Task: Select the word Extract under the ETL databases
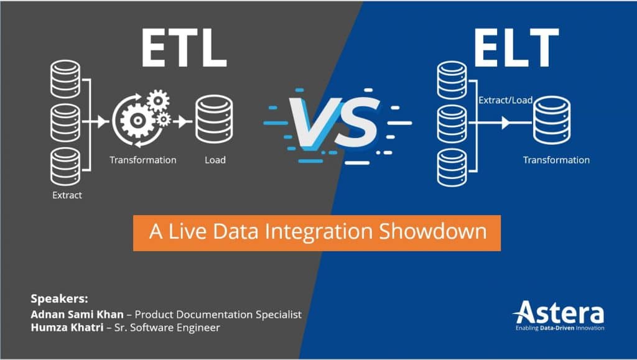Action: [x=67, y=195]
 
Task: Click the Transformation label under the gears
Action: [x=143, y=160]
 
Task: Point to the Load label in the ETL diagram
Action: [x=215, y=160]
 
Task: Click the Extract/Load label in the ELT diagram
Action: [x=505, y=100]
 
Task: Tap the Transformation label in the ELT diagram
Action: [x=556, y=160]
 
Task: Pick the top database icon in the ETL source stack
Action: [x=67, y=80]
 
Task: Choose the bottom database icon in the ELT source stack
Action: [x=451, y=166]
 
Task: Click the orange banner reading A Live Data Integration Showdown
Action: [x=317, y=232]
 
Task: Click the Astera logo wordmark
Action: [x=558, y=312]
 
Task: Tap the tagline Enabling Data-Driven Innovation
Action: [x=558, y=328]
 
